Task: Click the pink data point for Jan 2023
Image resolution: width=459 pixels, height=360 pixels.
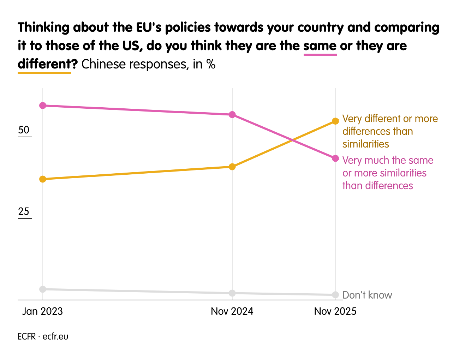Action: coord(43,106)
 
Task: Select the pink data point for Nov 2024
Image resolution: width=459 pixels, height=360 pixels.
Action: coord(232,115)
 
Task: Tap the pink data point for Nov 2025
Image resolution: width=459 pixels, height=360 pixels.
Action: coord(335,158)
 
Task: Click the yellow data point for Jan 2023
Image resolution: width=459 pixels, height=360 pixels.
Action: coord(43,179)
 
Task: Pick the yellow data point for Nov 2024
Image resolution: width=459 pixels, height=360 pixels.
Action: coord(232,167)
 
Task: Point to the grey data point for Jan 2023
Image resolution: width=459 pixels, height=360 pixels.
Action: coord(43,289)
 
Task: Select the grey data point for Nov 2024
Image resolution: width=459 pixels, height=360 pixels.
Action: coord(232,293)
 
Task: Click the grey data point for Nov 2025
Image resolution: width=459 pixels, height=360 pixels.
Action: coord(335,295)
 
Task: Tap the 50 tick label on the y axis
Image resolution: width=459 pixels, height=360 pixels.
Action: coord(24,130)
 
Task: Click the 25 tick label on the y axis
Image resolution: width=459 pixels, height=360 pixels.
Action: coord(24,212)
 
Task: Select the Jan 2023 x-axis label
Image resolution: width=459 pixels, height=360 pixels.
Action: coord(42,311)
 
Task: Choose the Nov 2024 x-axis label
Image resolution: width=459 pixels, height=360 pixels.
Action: coord(232,311)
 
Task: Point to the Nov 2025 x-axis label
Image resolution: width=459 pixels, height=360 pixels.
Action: coord(335,311)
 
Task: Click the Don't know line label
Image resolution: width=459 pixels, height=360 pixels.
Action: coord(367,295)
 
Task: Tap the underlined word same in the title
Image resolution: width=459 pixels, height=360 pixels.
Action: coord(320,46)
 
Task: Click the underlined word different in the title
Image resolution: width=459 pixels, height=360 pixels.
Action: coord(44,64)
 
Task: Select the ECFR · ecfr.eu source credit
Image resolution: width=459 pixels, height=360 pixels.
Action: coord(43,337)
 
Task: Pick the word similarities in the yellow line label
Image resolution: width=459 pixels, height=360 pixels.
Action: coord(366,144)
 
